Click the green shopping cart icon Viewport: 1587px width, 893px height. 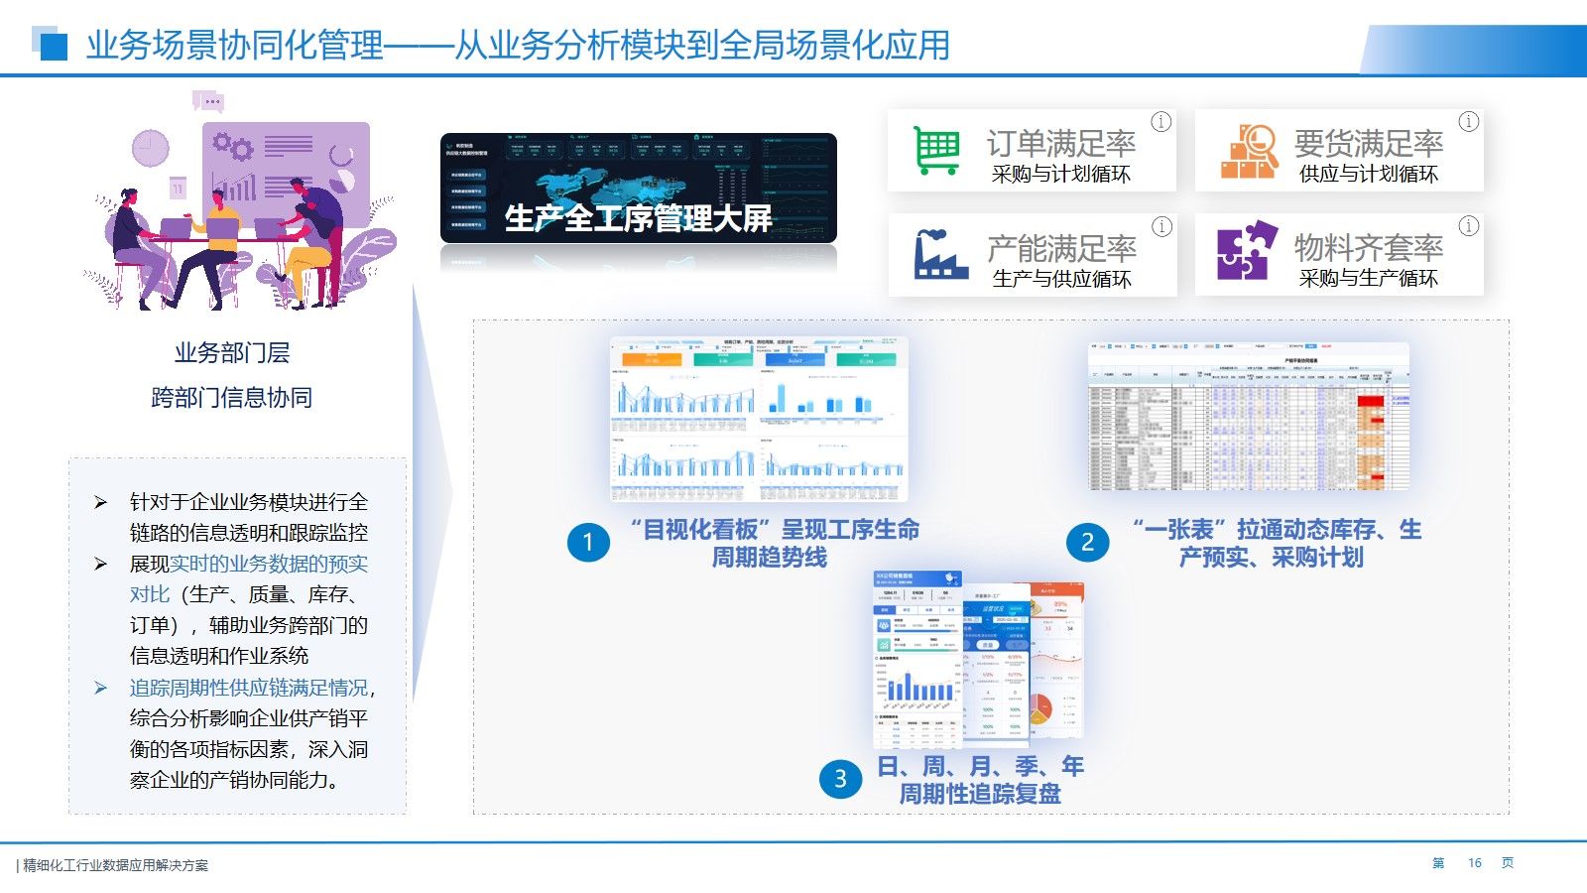(x=936, y=151)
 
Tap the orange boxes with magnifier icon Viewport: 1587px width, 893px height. (x=1248, y=151)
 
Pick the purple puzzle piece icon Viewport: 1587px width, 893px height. (x=1247, y=251)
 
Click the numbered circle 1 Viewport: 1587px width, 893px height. (x=588, y=542)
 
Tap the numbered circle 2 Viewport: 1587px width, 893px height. (x=1087, y=542)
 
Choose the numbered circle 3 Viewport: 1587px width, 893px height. (x=840, y=779)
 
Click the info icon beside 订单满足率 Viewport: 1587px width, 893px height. (x=1160, y=122)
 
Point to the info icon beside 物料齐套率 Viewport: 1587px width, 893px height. (x=1468, y=226)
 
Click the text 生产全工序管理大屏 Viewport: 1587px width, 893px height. (x=638, y=218)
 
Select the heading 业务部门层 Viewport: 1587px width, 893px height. (x=232, y=352)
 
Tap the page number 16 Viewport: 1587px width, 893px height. (x=1474, y=863)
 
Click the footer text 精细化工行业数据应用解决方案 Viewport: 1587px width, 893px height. (x=116, y=865)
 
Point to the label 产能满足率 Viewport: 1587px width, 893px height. (x=1061, y=247)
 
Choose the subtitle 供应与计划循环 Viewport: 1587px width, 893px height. (x=1368, y=175)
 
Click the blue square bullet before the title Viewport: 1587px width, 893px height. (x=53, y=46)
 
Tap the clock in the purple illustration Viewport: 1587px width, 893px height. (x=151, y=148)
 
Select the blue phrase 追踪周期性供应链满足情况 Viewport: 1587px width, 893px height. (x=249, y=688)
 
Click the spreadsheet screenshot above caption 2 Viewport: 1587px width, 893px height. (x=1248, y=417)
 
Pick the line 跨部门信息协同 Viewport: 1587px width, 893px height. (x=232, y=397)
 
